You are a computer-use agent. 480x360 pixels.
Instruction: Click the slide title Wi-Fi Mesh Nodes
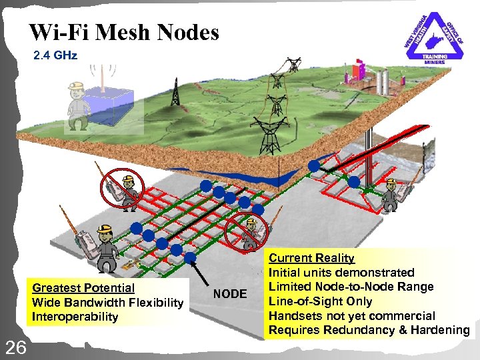click(124, 32)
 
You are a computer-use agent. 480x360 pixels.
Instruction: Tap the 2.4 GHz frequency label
click(55, 55)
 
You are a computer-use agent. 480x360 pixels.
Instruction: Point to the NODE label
click(230, 294)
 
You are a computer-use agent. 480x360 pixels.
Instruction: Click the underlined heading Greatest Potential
click(83, 288)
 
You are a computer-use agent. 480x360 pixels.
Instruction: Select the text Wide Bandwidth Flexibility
click(107, 303)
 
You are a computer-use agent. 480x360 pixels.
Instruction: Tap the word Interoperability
click(75, 317)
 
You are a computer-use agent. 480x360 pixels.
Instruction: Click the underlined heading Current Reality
click(311, 258)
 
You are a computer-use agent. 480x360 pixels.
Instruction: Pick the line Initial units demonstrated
click(341, 273)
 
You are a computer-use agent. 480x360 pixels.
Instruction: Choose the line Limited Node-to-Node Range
click(351, 287)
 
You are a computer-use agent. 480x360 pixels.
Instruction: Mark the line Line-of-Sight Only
click(320, 301)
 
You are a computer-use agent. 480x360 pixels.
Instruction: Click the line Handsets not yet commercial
click(351, 316)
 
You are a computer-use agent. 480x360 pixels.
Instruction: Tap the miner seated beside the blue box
click(79, 105)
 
